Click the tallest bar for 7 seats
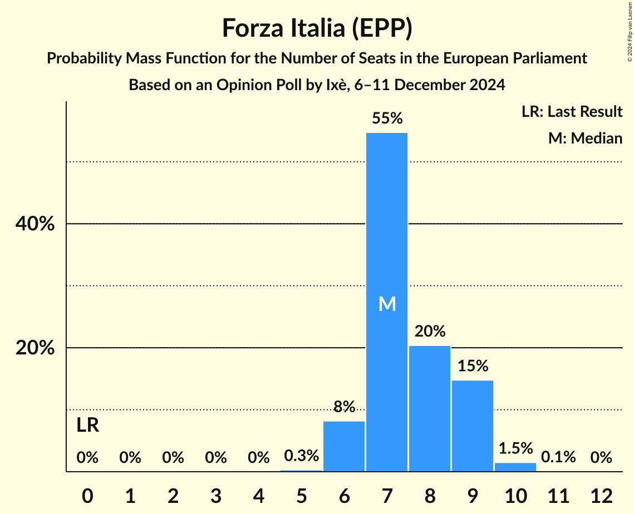coord(387,234)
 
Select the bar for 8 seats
coord(430,409)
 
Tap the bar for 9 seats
coord(473,426)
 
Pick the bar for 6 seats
coord(344,446)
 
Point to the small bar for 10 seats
coord(515,467)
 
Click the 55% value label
coord(387,118)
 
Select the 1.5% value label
coord(515,448)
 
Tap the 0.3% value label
coord(301,456)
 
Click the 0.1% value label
coord(558,457)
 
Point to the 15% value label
coord(473,366)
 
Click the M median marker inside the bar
coord(387,304)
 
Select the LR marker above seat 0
coord(87,426)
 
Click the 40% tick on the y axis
coord(35,224)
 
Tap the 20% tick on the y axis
coord(35,348)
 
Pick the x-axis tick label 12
coord(601,496)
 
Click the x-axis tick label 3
coord(215,496)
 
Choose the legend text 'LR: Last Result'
coord(572,112)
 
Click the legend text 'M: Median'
coord(585,138)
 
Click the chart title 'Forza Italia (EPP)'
coord(317,28)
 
